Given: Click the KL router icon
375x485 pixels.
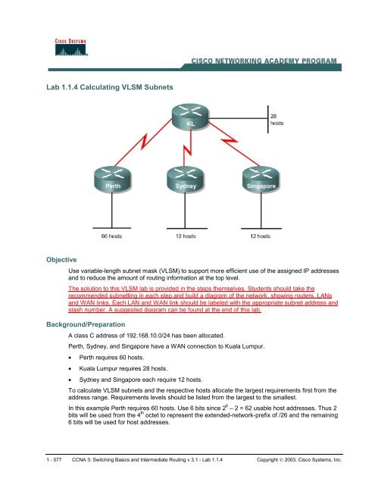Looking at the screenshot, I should (x=189, y=117).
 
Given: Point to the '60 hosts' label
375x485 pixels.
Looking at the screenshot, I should (x=111, y=236).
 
